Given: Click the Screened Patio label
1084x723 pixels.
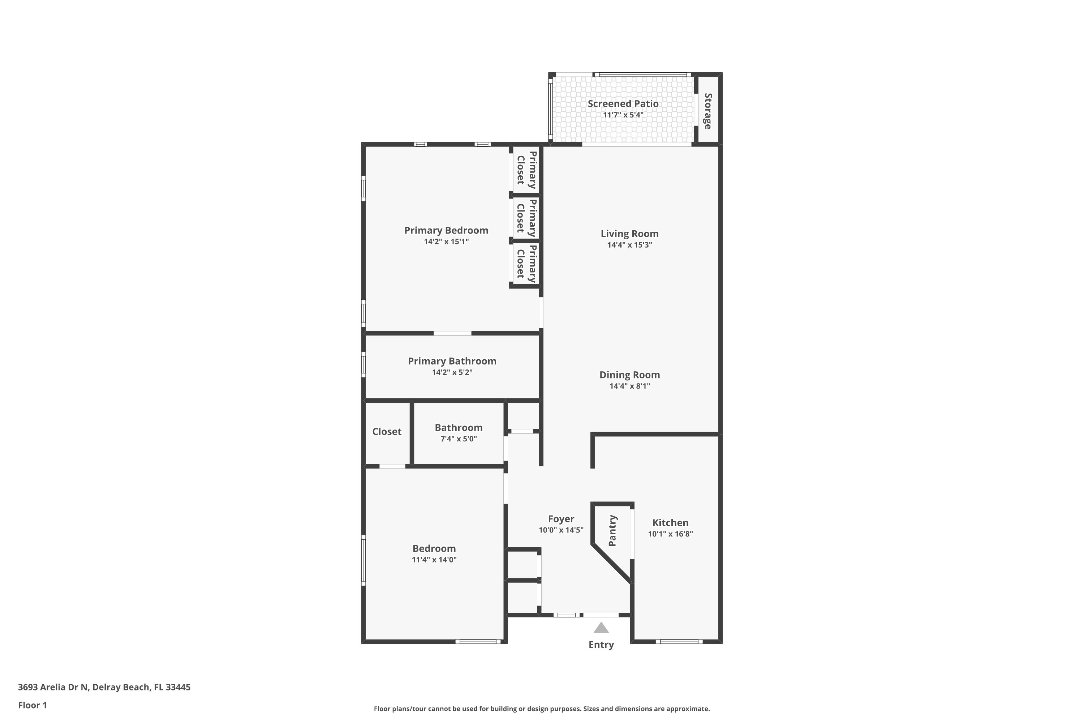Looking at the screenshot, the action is tap(623, 104).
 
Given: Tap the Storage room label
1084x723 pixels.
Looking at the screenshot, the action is tap(708, 111).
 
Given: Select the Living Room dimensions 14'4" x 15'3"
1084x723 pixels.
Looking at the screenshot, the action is tap(629, 245).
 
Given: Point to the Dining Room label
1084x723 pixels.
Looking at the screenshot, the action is tap(629, 375).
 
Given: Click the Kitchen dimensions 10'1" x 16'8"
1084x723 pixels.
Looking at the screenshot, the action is tap(670, 534).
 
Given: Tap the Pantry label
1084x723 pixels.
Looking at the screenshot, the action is tap(612, 531).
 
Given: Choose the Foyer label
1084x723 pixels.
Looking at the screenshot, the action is tap(561, 519).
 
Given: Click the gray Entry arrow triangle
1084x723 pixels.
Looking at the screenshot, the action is tap(601, 628).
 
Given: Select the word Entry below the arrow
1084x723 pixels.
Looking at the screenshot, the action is tap(601, 645).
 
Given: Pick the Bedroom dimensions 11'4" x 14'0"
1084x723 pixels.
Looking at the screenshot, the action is tap(434, 560).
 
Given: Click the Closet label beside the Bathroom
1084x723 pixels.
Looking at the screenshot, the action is tap(387, 432).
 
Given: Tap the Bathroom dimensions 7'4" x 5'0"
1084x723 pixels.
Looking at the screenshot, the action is tap(459, 439).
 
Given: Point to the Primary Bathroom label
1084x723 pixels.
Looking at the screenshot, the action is tap(452, 361).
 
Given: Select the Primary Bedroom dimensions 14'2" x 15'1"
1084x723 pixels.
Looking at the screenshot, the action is tap(446, 241).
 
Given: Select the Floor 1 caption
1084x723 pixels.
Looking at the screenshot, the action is tap(32, 705).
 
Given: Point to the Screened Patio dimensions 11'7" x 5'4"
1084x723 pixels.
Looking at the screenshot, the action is tap(623, 115).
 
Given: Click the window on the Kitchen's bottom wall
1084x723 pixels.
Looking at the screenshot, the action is tap(679, 641).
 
